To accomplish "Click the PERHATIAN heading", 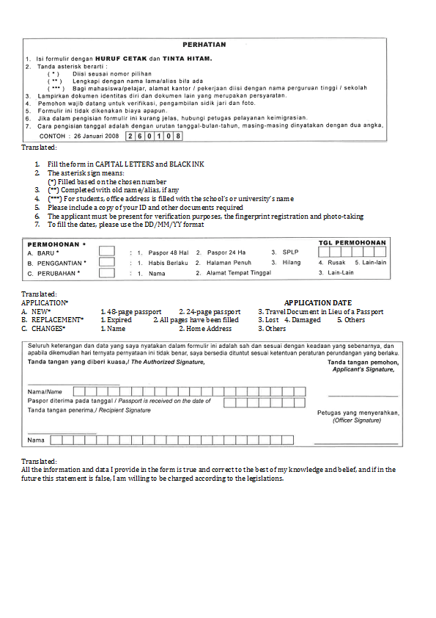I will pyautogui.click(x=204, y=45).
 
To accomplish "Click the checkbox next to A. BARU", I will pyautogui.click(x=107, y=251).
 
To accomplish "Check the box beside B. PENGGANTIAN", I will pyautogui.click(x=107, y=262).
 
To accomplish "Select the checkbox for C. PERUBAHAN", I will pyautogui.click(x=107, y=273).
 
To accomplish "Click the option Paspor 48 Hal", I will pyautogui.click(x=168, y=252).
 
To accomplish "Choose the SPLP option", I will pyautogui.click(x=290, y=252).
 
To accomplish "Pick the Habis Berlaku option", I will pyautogui.click(x=169, y=262).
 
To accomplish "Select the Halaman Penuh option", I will pyautogui.click(x=229, y=262).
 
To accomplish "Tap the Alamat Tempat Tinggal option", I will pyautogui.click(x=238, y=273).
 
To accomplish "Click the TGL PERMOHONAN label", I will pyautogui.click(x=351, y=241).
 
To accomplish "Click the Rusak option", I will pyautogui.click(x=336, y=262).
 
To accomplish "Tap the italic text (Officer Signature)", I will pyautogui.click(x=357, y=421).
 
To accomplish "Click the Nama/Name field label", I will pyautogui.click(x=45, y=392).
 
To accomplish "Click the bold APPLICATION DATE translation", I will pyautogui.click(x=317, y=302).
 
